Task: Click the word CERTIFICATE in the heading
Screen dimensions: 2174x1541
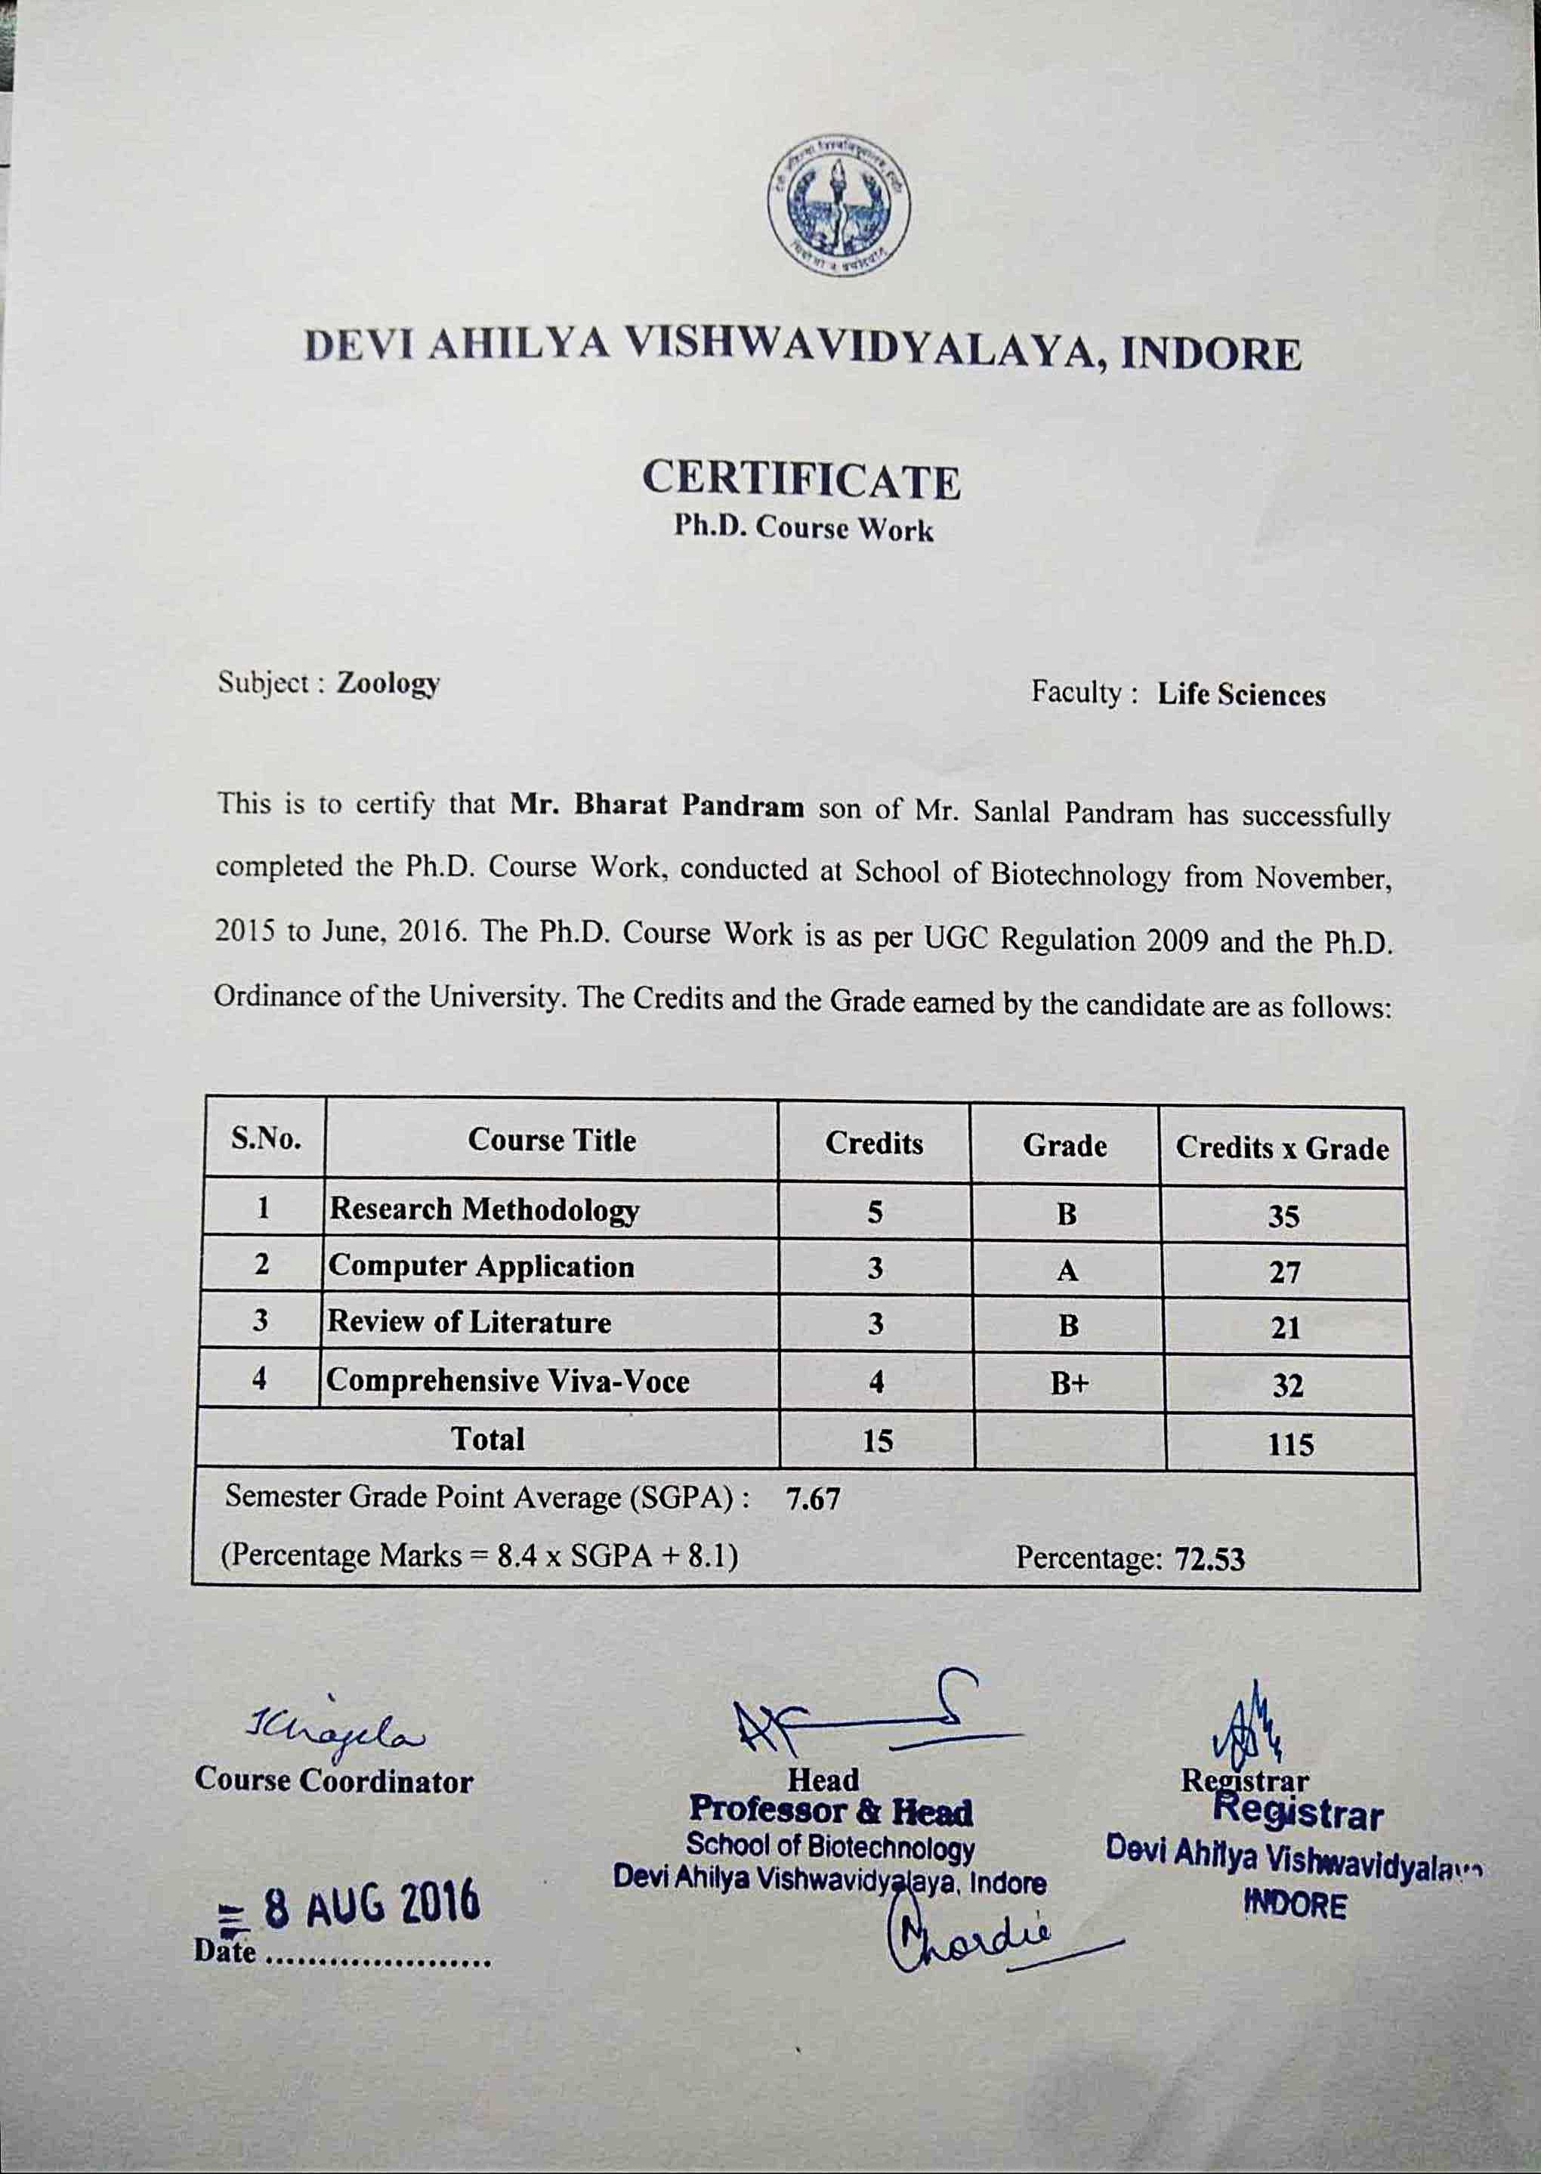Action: point(801,480)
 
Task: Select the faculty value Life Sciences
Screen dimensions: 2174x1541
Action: point(1240,695)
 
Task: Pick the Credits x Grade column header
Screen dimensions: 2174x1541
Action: point(1282,1148)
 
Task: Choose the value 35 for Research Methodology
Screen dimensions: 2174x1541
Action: point(1283,1216)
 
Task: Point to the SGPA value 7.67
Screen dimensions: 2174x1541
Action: point(814,1499)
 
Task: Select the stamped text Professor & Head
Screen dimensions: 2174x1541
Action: point(831,1812)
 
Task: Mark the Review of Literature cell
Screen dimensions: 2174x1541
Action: point(470,1322)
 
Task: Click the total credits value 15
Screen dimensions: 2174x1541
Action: point(878,1441)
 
